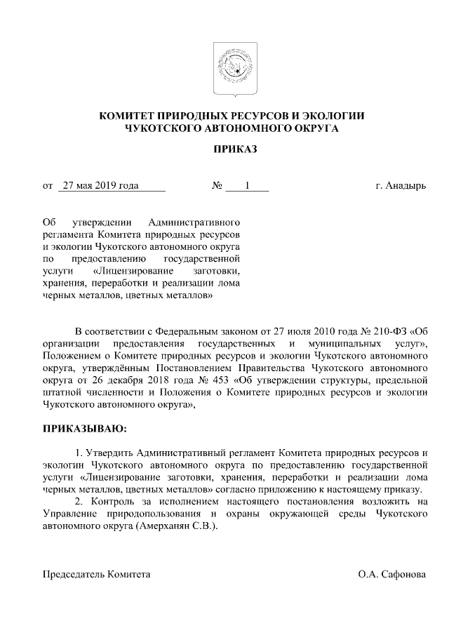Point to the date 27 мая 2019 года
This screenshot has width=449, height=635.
(x=100, y=186)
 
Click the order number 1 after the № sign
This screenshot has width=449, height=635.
(x=247, y=186)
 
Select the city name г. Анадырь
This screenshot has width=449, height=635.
(x=401, y=186)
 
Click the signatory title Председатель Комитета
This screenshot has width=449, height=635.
(x=97, y=574)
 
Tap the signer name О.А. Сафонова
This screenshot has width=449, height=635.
(x=391, y=574)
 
